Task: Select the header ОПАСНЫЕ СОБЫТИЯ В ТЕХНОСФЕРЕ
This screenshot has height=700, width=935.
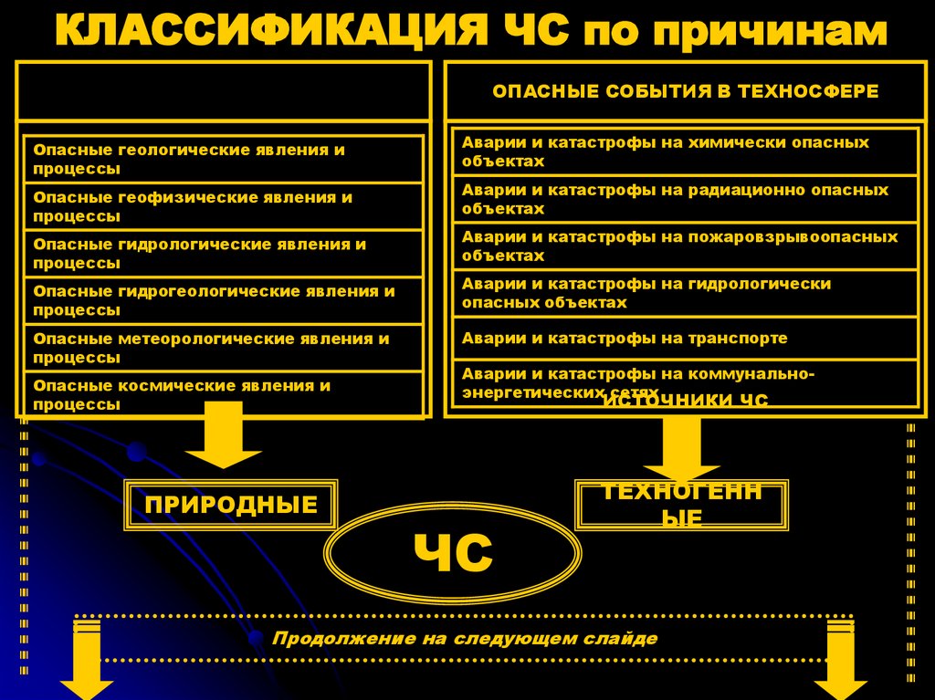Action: pos(685,91)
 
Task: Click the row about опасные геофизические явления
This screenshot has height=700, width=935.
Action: pos(223,207)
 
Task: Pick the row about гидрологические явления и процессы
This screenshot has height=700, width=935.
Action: pos(223,254)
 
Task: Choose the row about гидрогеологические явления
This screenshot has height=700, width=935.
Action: pos(223,301)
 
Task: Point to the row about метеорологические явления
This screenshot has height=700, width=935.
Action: pos(223,348)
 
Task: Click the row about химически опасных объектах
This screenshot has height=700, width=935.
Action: pos(685,152)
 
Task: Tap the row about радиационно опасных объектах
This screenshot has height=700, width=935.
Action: pos(685,200)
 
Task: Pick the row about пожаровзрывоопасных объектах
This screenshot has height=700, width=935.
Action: pos(685,246)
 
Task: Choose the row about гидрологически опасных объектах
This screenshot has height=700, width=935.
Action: pos(685,293)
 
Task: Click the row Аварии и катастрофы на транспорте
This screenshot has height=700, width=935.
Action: pos(685,338)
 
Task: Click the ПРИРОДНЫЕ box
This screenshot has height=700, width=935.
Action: pos(231,505)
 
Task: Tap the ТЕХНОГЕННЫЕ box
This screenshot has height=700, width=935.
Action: pos(681,505)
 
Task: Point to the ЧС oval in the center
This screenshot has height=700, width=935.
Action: pos(453,554)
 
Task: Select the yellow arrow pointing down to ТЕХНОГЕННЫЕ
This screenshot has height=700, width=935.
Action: pos(681,447)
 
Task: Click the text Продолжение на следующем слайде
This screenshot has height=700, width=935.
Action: pos(465,638)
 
